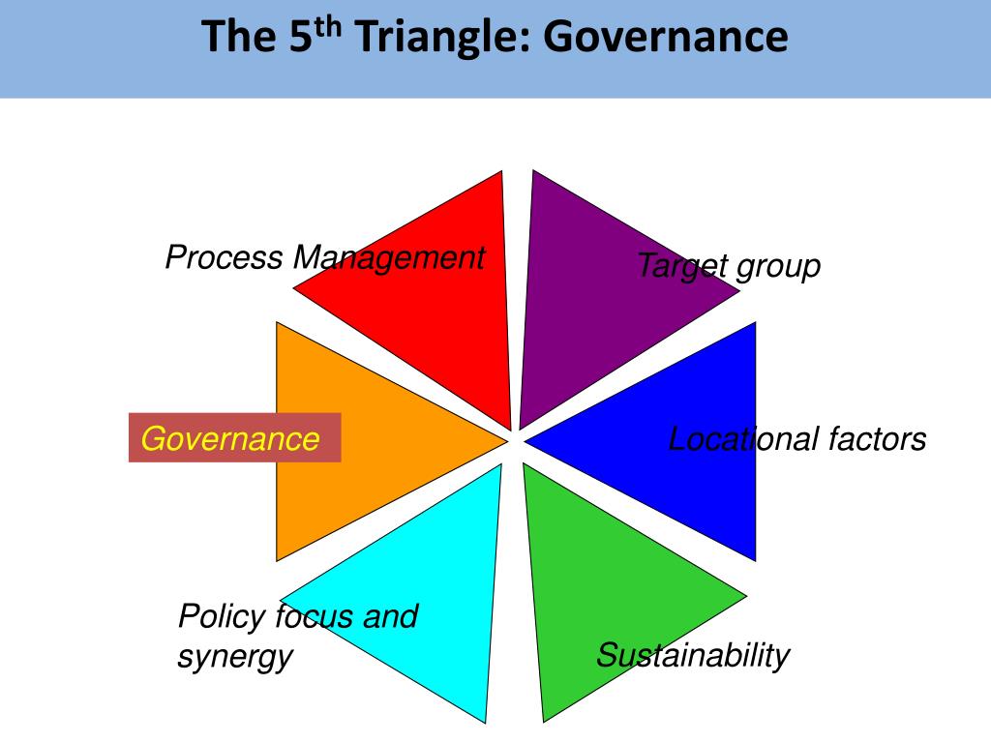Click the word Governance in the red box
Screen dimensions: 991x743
pos(230,439)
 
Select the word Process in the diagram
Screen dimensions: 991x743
pos(225,258)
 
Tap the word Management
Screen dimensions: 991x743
pos(389,258)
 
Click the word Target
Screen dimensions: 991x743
pos(681,266)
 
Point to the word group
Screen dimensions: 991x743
pos(778,266)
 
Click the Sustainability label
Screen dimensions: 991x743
pos(693,656)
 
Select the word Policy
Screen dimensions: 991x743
pos(223,616)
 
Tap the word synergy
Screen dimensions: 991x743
pos(234,657)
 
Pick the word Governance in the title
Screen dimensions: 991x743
pos(665,38)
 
